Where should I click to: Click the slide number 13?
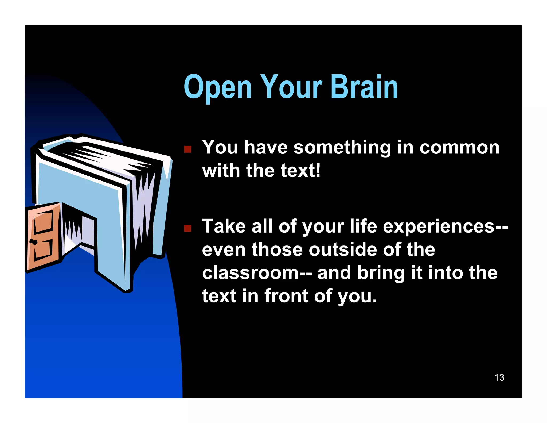click(499, 378)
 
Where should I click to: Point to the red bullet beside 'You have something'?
click(187, 149)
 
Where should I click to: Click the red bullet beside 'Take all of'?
click(187, 228)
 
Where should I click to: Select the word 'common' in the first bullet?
click(459, 148)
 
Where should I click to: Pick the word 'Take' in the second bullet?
click(224, 226)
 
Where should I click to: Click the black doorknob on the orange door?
click(33, 242)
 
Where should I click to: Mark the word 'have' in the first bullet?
click(266, 148)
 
